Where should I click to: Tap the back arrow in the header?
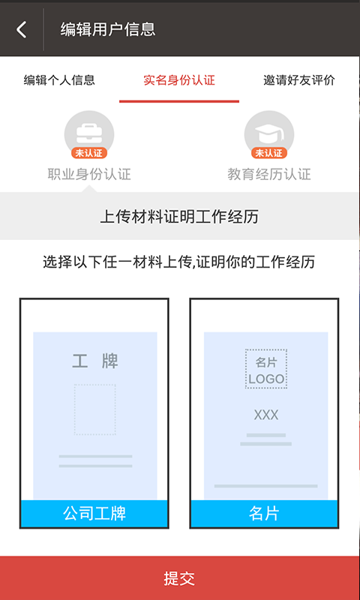22,29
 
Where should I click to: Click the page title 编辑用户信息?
108,29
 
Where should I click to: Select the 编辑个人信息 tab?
59,80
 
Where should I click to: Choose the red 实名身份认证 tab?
179,80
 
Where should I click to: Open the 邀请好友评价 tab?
299,80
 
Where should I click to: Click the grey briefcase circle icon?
89,134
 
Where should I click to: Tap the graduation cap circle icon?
269,134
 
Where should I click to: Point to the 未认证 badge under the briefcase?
89,153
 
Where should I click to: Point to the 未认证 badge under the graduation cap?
269,153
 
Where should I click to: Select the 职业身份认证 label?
89,175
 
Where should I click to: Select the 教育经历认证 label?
269,175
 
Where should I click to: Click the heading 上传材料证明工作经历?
179,217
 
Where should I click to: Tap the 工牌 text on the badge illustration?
95,361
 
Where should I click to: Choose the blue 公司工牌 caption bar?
94,514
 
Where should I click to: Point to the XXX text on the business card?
266,415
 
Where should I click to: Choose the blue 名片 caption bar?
264,514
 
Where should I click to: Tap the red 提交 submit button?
180,578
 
